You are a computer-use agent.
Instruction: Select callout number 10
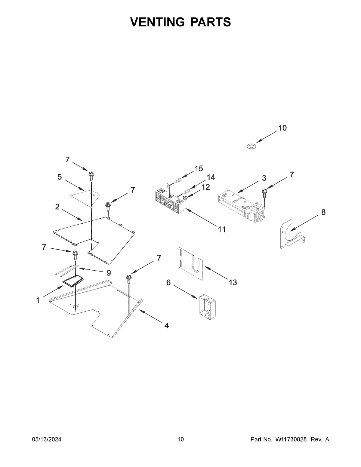click(282, 128)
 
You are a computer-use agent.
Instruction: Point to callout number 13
click(233, 282)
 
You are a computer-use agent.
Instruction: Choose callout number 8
click(323, 212)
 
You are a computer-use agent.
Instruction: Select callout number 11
click(222, 230)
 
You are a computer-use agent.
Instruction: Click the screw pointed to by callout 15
click(177, 180)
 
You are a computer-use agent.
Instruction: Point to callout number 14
click(211, 177)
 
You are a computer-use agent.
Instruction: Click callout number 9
click(108, 273)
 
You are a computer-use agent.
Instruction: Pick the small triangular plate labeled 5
click(85, 197)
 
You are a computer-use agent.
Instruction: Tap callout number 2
click(57, 207)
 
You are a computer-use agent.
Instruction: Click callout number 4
click(166, 325)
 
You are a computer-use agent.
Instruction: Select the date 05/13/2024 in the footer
click(47, 440)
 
